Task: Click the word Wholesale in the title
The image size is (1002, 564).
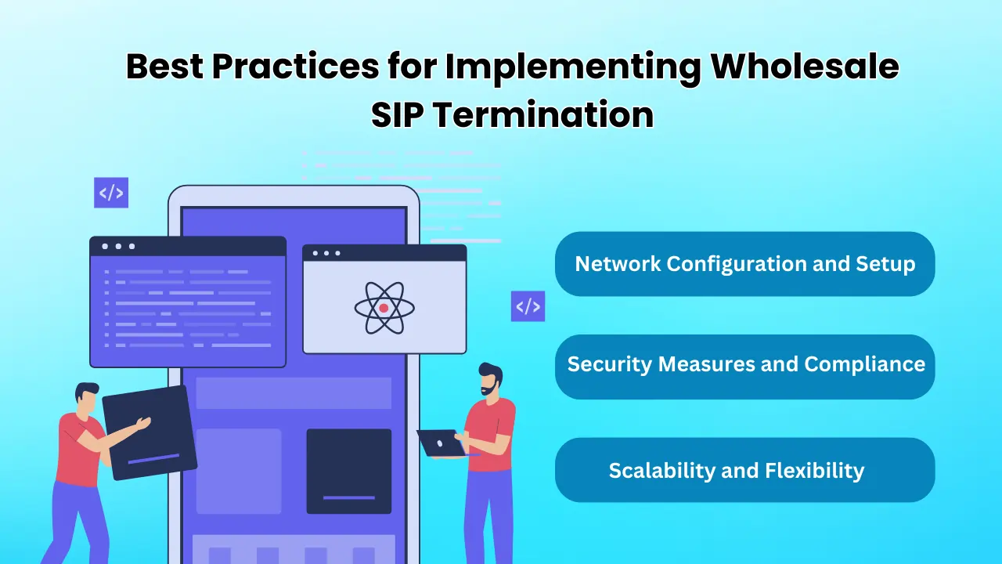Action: [x=805, y=67]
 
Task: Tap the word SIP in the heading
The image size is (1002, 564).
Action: [x=397, y=114]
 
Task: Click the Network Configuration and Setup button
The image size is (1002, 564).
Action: [x=744, y=264]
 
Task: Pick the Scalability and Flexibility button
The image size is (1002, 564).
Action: [x=744, y=470]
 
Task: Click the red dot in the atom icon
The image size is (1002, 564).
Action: [x=384, y=308]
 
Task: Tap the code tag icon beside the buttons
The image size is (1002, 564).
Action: [x=528, y=306]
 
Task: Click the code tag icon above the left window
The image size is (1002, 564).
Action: [x=111, y=193]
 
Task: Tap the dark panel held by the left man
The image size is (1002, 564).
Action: [x=150, y=432]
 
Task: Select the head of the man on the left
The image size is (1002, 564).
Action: [x=87, y=398]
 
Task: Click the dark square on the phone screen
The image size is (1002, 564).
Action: [x=349, y=472]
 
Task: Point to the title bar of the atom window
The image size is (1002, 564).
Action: [x=384, y=253]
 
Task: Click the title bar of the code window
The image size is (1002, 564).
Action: [x=188, y=246]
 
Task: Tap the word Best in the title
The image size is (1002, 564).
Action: [x=164, y=67]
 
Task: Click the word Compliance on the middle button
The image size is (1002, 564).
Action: [x=865, y=365]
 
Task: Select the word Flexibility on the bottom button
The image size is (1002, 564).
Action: [x=815, y=471]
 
